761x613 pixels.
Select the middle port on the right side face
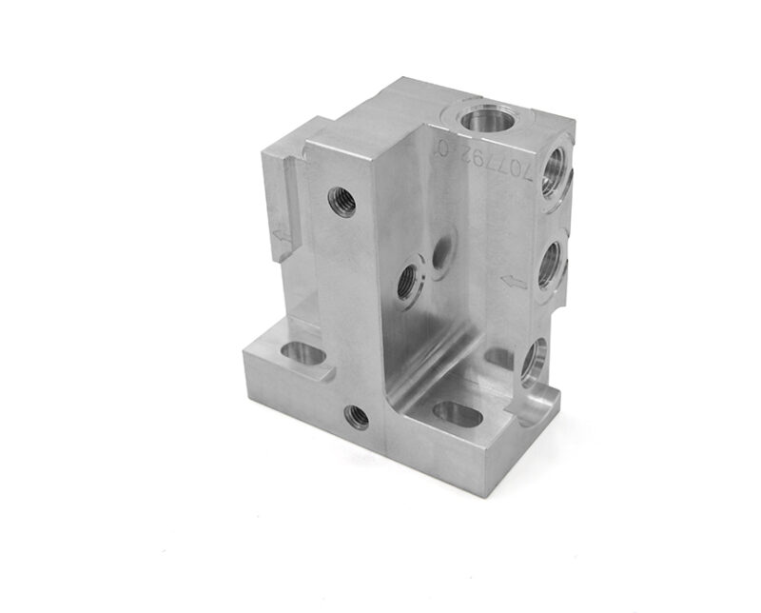point(550,268)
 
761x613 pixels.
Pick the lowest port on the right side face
point(534,362)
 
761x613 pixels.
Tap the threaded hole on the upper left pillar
point(341,201)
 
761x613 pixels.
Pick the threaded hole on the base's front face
point(357,415)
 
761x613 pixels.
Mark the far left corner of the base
point(245,354)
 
